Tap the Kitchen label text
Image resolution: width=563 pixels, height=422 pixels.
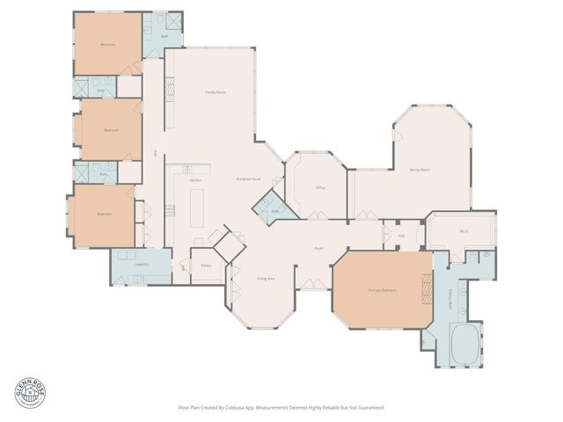pyautogui.click(x=196, y=180)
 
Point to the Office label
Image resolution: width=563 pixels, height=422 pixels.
pyautogui.click(x=321, y=188)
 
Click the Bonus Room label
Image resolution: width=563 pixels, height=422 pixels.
pyautogui.click(x=420, y=170)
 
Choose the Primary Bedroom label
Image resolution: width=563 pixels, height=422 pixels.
pyautogui.click(x=383, y=290)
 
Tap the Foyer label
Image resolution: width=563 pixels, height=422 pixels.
pyautogui.click(x=319, y=249)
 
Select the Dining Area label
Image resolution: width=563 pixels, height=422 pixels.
pyautogui.click(x=266, y=279)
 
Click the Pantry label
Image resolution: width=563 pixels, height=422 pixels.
pyautogui.click(x=206, y=265)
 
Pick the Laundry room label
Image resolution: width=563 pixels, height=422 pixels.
pyautogui.click(x=141, y=265)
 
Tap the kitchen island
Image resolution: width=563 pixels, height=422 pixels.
pyautogui.click(x=196, y=211)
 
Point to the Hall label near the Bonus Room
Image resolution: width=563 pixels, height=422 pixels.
pyautogui.click(x=400, y=235)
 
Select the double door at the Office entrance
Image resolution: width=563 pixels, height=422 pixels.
pyautogui.click(x=316, y=216)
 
